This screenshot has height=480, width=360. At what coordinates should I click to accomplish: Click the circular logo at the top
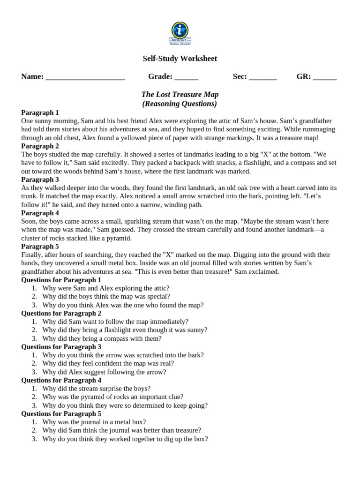[x=180, y=30]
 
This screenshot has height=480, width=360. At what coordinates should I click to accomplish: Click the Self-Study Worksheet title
[x=180, y=59]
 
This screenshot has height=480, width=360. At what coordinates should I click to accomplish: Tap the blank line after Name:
[x=85, y=77]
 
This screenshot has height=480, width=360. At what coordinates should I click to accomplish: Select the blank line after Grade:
[x=186, y=77]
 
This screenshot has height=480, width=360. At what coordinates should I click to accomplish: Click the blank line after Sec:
[x=262, y=77]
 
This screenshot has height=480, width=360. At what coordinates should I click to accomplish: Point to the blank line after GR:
[x=324, y=77]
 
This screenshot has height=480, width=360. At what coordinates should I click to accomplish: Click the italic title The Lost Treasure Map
[x=180, y=95]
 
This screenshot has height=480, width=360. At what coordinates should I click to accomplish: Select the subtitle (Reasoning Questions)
[x=180, y=104]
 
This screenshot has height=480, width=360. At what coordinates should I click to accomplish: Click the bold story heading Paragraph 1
[x=40, y=112]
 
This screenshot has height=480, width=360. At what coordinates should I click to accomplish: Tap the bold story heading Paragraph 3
[x=40, y=180]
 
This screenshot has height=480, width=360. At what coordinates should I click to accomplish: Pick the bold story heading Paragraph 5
[x=40, y=247]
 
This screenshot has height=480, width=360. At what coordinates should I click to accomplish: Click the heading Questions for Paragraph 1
[x=61, y=280]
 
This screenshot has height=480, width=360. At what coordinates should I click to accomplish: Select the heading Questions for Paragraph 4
[x=61, y=381]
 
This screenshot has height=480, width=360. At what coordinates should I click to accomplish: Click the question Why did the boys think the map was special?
[x=106, y=297]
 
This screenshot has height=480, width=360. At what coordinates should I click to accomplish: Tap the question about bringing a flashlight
[x=124, y=330]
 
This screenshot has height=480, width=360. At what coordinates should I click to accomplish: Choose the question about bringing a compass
[x=102, y=338]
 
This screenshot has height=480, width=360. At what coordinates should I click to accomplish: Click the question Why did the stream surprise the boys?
[x=96, y=389]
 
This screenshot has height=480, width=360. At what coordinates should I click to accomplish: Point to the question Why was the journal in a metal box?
[x=94, y=422]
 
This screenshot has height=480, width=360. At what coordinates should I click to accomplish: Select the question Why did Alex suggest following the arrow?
[x=104, y=372]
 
